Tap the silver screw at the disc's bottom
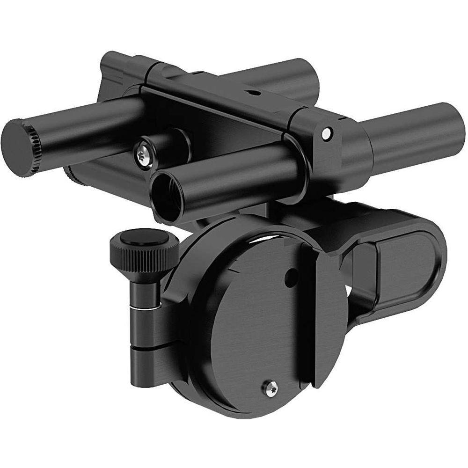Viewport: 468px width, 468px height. point(270,388)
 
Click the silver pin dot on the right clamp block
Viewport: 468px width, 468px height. point(326,134)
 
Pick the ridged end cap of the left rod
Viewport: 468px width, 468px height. point(19,147)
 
